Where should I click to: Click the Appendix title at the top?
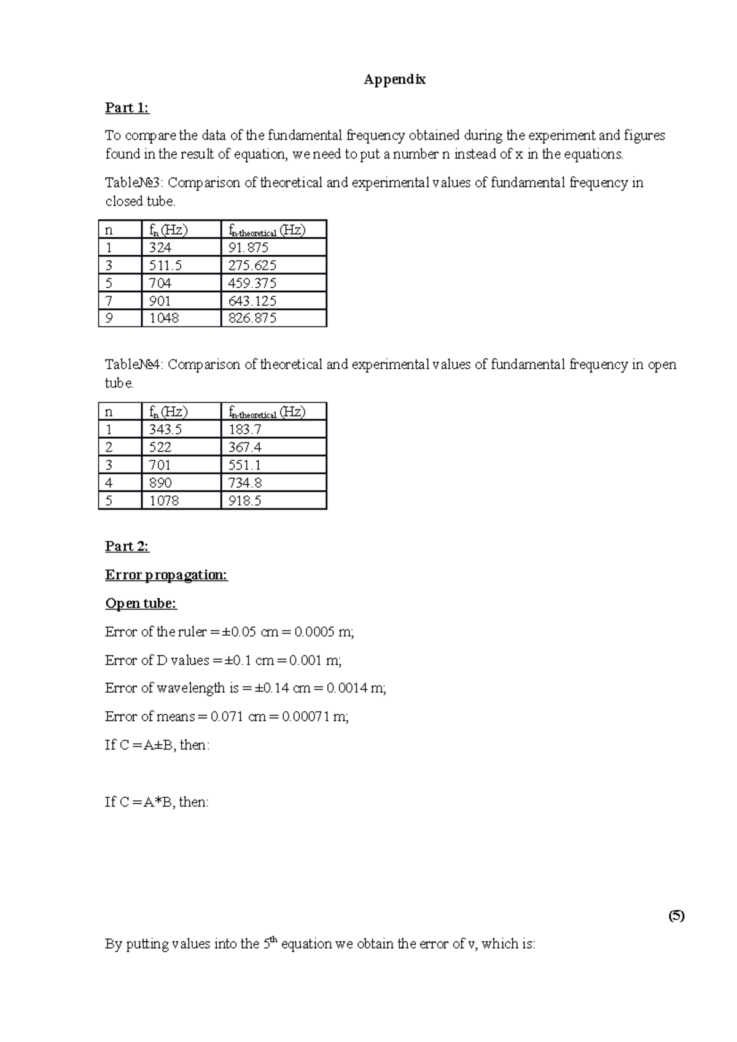(x=394, y=79)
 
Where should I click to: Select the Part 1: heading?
(x=127, y=108)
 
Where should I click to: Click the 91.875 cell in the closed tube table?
(x=249, y=248)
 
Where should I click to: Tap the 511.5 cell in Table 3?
(x=166, y=266)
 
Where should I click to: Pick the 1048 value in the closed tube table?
(x=164, y=318)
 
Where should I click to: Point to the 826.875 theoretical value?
(x=252, y=318)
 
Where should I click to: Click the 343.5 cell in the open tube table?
(x=166, y=430)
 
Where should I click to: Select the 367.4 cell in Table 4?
(x=245, y=447)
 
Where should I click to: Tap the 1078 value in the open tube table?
(x=164, y=501)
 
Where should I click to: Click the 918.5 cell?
(x=245, y=501)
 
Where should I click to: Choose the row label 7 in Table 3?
(x=109, y=301)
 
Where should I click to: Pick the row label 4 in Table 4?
(x=109, y=483)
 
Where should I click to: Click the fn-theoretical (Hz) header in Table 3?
(x=267, y=230)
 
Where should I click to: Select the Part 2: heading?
(x=127, y=546)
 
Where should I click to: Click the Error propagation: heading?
(x=166, y=575)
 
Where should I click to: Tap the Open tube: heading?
(x=141, y=604)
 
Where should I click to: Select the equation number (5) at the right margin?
(x=677, y=916)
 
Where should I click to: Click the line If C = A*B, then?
(x=157, y=802)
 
